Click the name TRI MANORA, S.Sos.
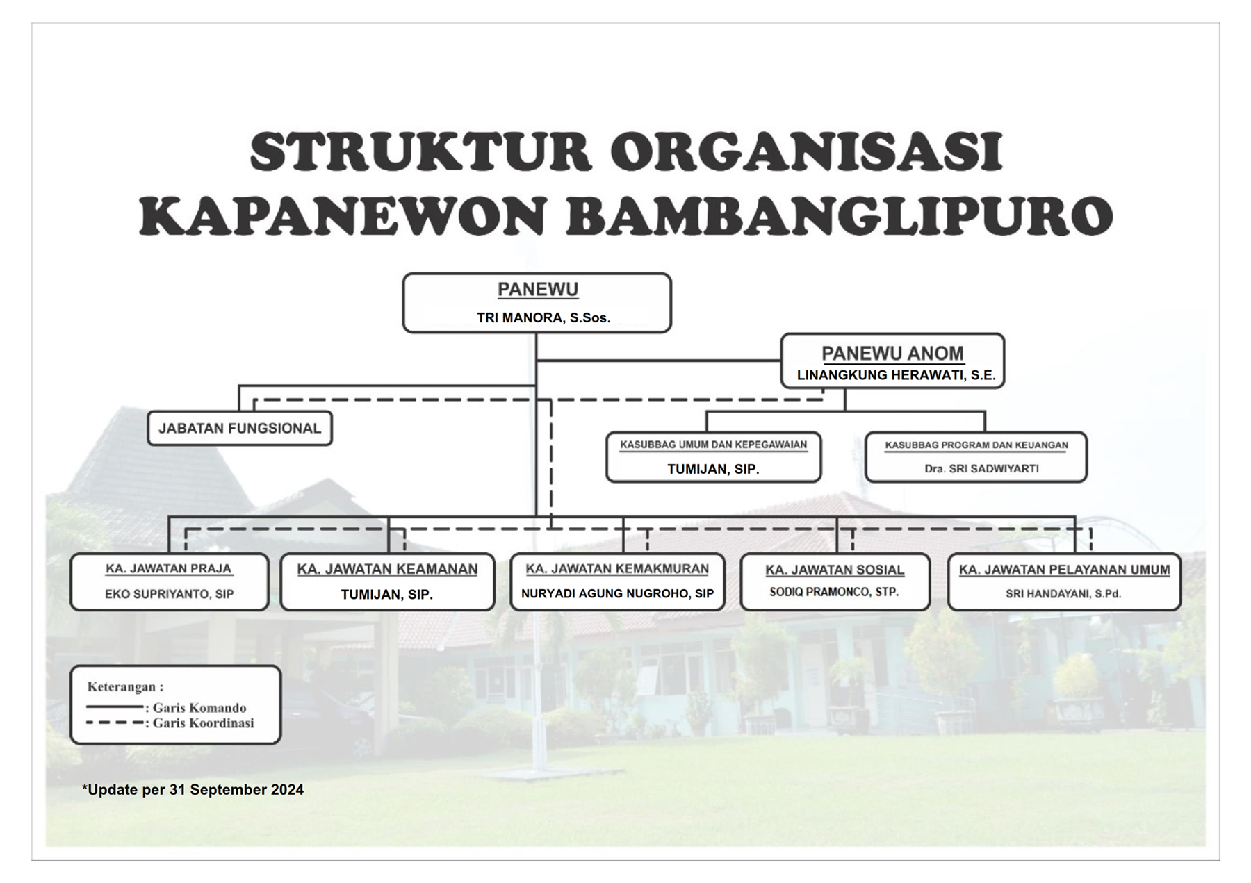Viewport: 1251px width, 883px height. point(543,318)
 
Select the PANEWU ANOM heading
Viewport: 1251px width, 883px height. point(892,354)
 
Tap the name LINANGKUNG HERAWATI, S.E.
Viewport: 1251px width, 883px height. point(896,375)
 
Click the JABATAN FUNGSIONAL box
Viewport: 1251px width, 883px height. point(240,428)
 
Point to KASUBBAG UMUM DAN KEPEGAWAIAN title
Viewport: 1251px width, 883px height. point(714,445)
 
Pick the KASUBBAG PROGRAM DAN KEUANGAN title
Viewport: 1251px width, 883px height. point(976,445)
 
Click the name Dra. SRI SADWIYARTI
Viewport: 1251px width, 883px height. point(981,469)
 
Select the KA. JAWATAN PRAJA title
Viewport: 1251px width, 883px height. point(169,568)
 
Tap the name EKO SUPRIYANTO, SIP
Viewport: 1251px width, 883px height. point(170,594)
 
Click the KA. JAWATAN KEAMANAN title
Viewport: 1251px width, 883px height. point(387,569)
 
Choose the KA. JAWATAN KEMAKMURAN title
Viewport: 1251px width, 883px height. point(617,568)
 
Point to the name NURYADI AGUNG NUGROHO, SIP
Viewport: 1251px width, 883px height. point(618,594)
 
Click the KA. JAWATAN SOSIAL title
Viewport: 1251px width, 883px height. point(835,570)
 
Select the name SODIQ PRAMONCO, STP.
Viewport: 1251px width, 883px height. point(834,592)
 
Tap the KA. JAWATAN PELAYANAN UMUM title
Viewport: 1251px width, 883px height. point(1064,570)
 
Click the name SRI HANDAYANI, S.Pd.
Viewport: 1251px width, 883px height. point(1063,594)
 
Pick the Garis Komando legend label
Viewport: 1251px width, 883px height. point(199,708)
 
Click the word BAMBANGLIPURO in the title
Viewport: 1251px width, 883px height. point(840,216)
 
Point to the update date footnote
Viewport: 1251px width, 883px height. point(193,790)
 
